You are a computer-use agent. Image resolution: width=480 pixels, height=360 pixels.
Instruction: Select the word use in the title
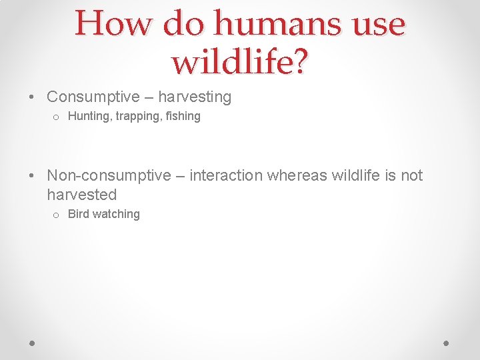pos(377,24)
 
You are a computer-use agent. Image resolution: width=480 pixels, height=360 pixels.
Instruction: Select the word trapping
pos(139,116)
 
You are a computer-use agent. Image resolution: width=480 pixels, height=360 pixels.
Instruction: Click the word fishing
pos(183,116)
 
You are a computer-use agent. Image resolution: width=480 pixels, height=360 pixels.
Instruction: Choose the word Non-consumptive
pos(109,175)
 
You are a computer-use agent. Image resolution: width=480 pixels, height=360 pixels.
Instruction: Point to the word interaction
pos(226,175)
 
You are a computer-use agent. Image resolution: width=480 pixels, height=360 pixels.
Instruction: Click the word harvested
pos(81,195)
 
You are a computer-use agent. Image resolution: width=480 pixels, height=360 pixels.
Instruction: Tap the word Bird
pos(79,214)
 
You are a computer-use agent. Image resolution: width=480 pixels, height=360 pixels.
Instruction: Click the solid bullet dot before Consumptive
pos(33,97)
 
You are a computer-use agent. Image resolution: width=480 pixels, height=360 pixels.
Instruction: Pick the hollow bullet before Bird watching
pos(55,215)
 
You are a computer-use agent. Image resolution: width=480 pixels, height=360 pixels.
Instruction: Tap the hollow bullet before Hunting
pos(55,117)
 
